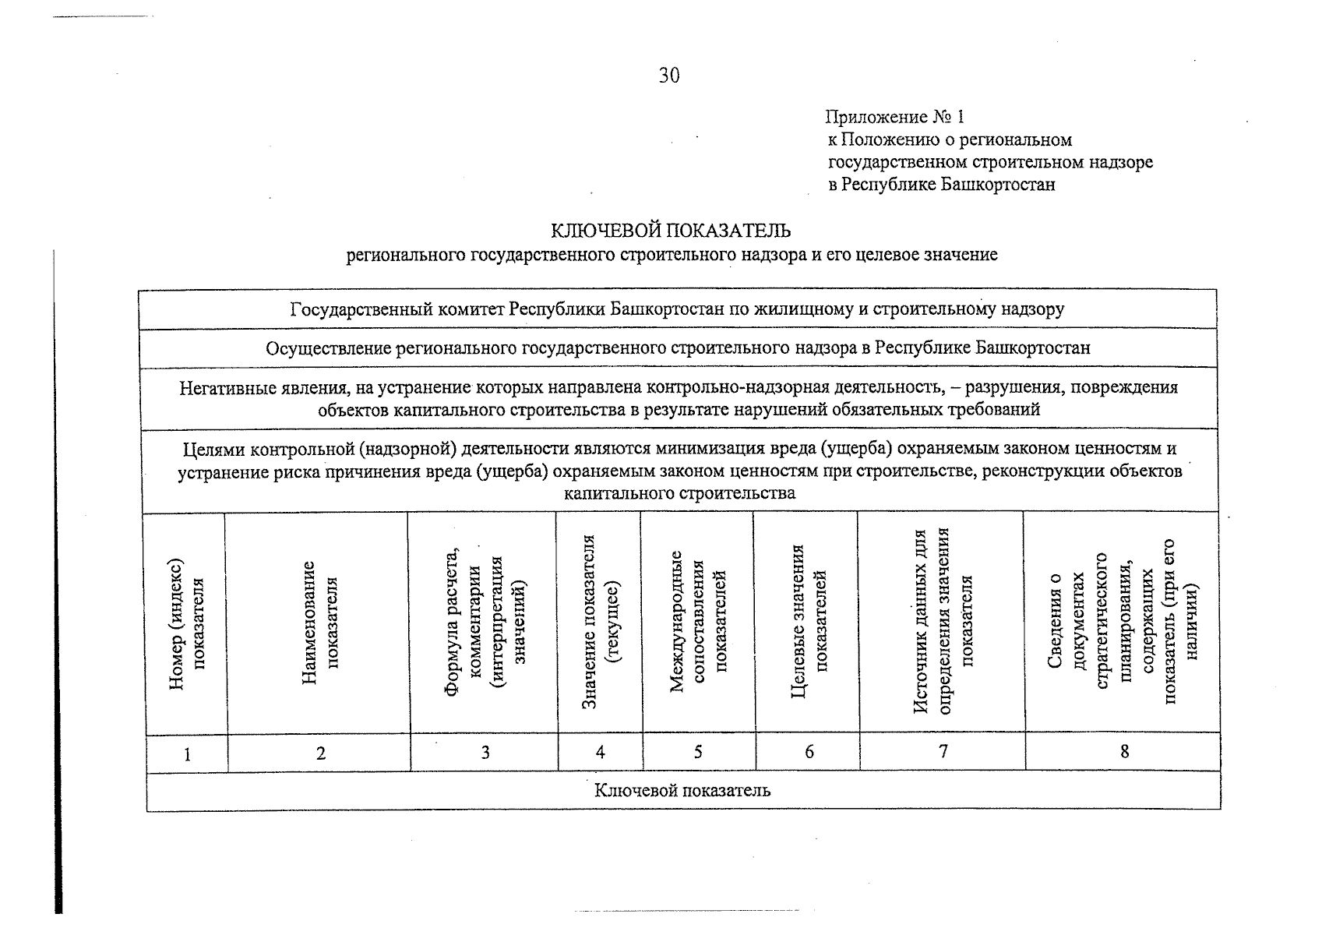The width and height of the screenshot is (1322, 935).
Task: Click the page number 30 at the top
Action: click(669, 76)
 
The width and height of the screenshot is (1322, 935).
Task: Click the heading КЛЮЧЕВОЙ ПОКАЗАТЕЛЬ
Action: click(671, 231)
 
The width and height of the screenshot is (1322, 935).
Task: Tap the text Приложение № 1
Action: click(894, 117)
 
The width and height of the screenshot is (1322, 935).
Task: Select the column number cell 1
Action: click(187, 753)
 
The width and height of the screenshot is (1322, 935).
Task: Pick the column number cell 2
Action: click(320, 753)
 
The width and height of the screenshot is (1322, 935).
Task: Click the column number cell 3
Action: click(485, 752)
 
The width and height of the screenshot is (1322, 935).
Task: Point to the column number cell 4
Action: click(600, 752)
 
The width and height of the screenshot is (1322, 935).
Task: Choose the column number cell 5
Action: click(698, 752)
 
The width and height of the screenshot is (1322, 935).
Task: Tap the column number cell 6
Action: click(809, 752)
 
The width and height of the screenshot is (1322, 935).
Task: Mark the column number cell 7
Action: click(943, 751)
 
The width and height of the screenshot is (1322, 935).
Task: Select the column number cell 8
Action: click(1123, 751)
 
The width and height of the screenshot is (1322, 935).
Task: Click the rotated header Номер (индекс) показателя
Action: click(187, 623)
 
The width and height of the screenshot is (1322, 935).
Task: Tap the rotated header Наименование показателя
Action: click(320, 623)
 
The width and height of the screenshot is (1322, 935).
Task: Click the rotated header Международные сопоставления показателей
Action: click(698, 622)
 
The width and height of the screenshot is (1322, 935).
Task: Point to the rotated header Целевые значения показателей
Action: click(809, 622)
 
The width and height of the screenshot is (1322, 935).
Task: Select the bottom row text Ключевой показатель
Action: click(682, 791)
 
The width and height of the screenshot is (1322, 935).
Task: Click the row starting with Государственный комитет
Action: click(677, 309)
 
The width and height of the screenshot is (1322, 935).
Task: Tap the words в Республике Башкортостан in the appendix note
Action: click(942, 185)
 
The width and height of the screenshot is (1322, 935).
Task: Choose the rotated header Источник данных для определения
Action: click(943, 622)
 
